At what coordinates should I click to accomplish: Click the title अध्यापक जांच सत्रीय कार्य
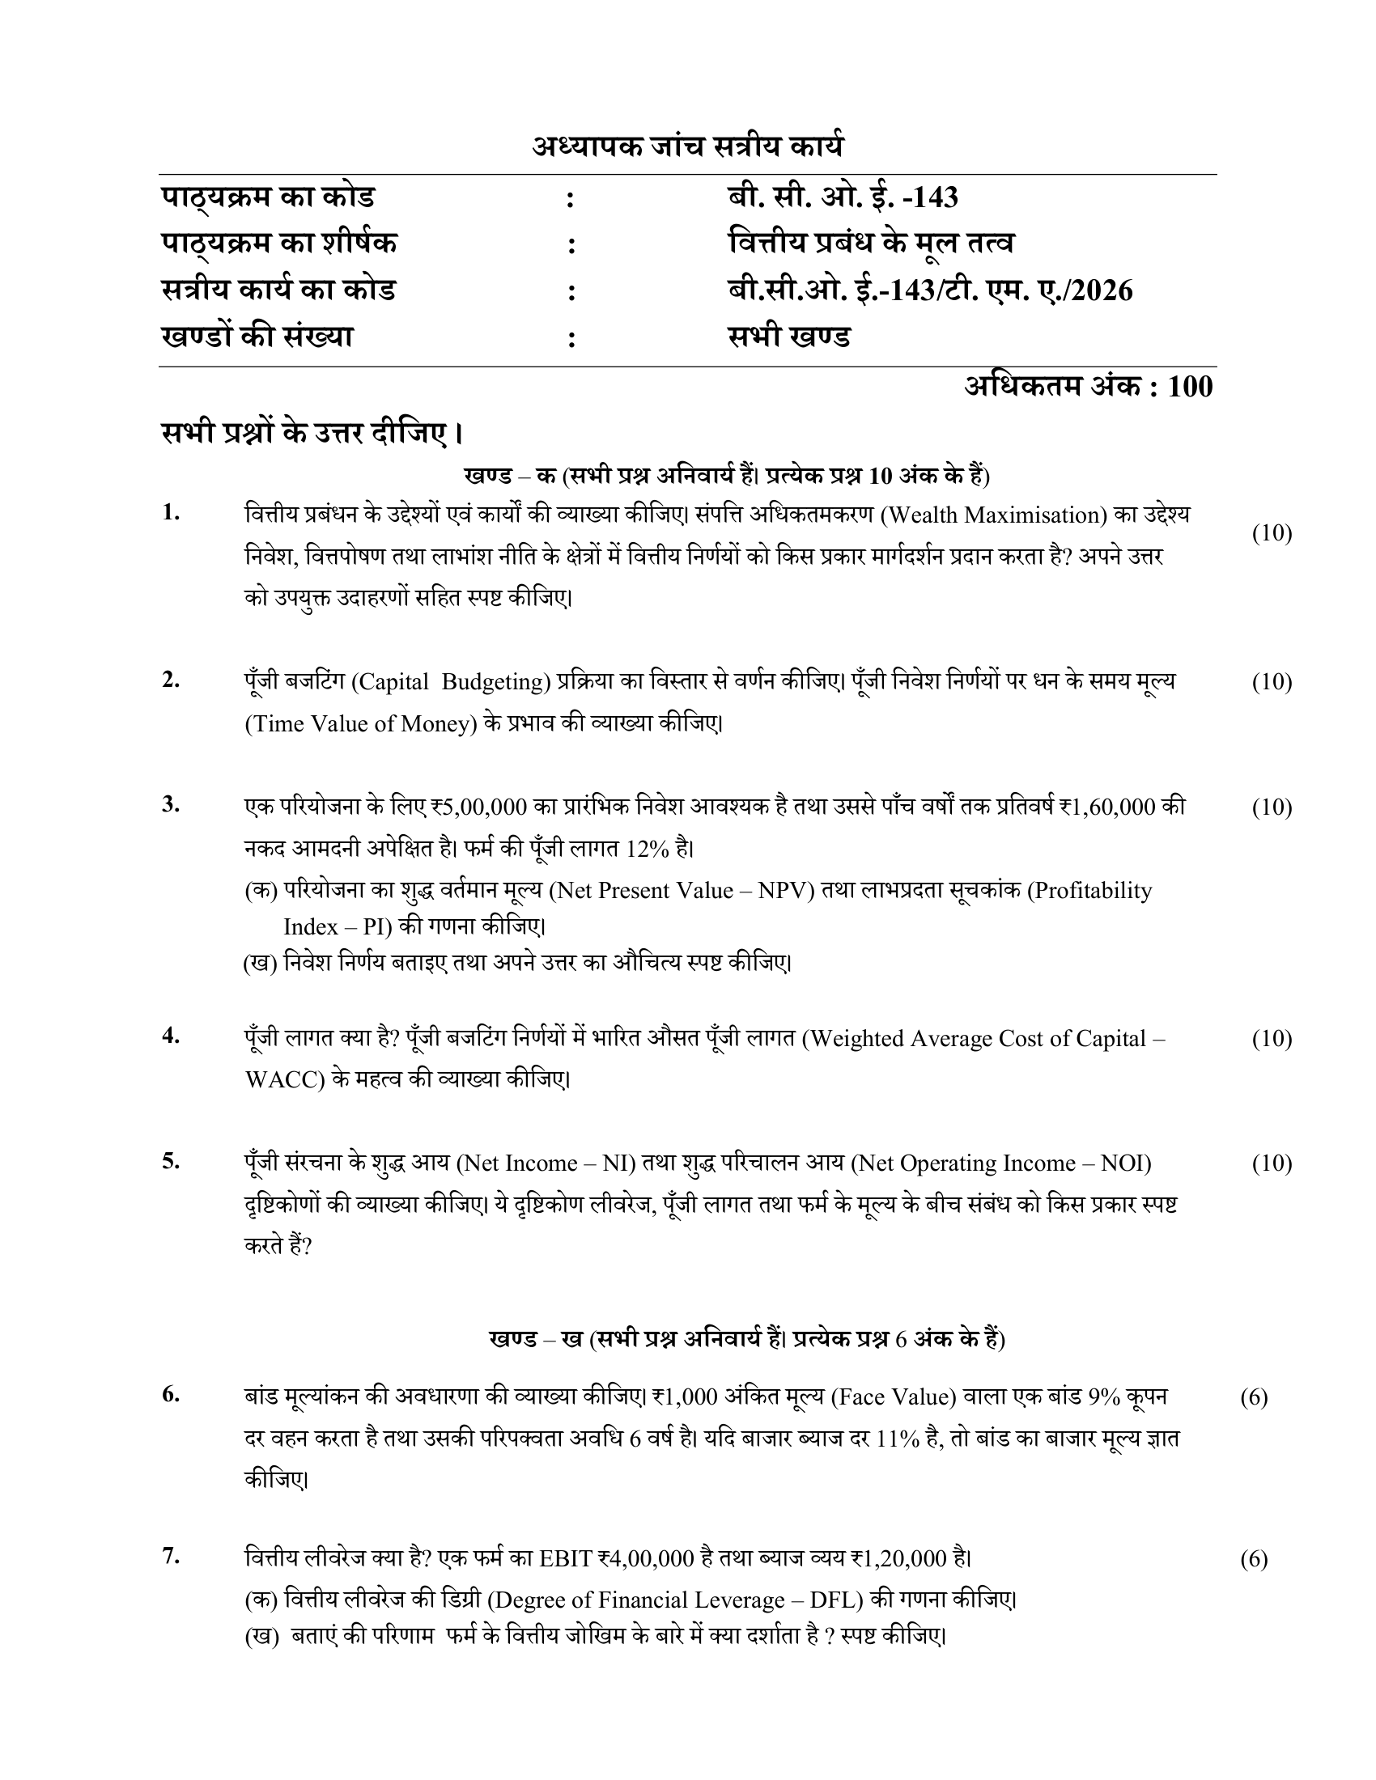[687, 146]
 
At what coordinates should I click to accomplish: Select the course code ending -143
[843, 197]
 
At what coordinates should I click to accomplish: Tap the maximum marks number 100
[1190, 386]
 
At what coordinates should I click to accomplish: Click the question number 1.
[170, 514]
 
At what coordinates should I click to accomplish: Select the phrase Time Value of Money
[361, 724]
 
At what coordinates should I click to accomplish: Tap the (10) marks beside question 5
[1272, 1163]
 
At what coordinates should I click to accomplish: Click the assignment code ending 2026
[930, 291]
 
